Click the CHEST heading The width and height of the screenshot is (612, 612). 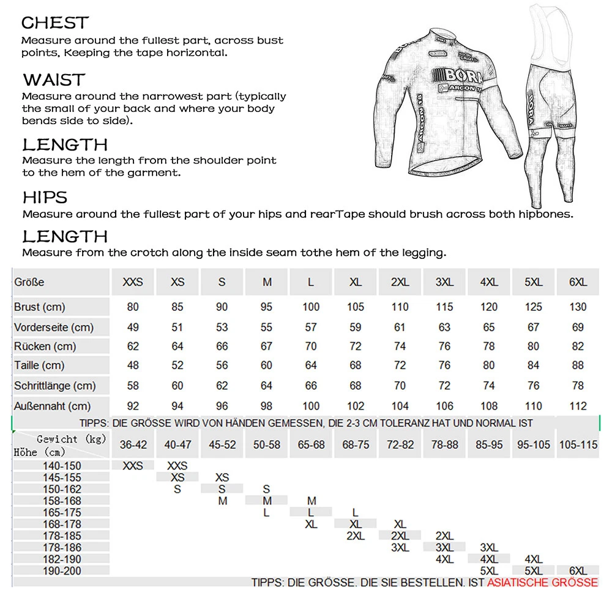click(55, 23)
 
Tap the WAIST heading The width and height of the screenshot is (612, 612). click(54, 80)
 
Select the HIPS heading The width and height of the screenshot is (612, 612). click(45, 198)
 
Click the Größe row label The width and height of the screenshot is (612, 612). click(29, 283)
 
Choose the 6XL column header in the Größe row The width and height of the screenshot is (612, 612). click(578, 283)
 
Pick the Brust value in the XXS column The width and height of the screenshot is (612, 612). click(133, 307)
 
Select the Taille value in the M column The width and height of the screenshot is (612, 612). click(267, 366)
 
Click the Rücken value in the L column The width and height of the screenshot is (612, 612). click(311, 346)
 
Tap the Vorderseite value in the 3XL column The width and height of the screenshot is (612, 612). click(444, 327)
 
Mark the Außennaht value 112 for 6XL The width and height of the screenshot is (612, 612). click(578, 406)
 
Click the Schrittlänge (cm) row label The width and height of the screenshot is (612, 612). click(55, 386)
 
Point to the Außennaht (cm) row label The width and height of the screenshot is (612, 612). click(52, 406)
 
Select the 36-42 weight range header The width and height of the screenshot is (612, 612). click(133, 445)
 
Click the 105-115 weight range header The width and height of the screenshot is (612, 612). click(578, 445)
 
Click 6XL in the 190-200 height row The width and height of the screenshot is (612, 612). click(578, 570)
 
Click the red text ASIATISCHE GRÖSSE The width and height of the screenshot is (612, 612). click(542, 582)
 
